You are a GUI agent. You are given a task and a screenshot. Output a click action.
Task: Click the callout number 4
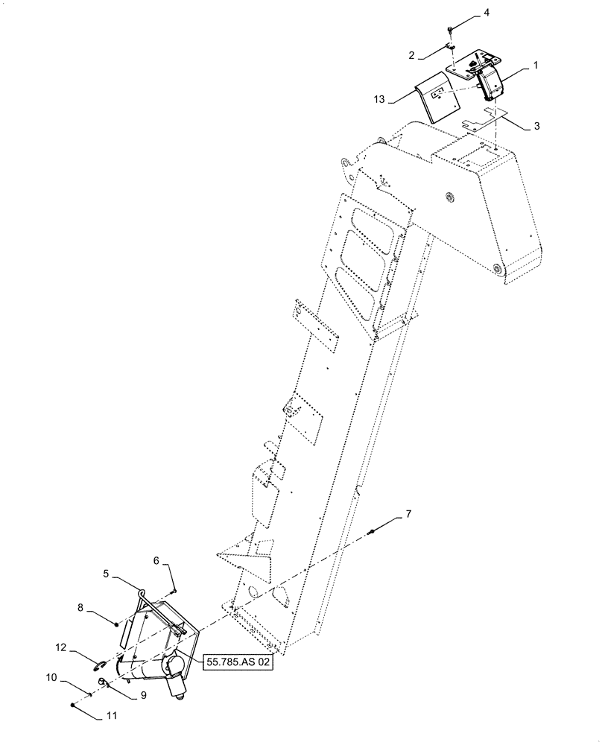[x=466, y=13]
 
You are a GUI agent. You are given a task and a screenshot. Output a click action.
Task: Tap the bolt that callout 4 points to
[x=451, y=30]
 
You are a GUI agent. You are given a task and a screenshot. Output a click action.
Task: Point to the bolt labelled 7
[x=371, y=531]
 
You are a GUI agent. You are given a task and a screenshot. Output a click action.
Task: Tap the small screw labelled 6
[x=174, y=591]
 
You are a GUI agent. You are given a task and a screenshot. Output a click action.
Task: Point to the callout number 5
[x=107, y=574]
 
